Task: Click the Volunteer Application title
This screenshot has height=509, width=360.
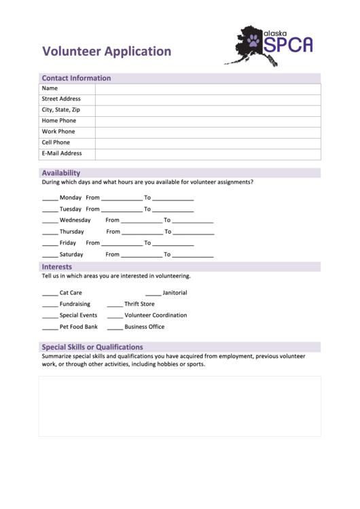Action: point(107,51)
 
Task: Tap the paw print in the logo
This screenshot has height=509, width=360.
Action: point(253,41)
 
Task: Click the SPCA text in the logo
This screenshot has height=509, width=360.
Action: point(288,46)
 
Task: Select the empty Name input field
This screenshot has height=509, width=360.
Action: point(207,88)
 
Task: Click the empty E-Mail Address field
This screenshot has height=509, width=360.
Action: point(207,154)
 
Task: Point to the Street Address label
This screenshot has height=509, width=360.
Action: point(61,99)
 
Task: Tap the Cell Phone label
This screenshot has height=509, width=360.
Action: point(56,143)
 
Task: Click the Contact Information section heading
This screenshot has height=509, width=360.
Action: point(76,78)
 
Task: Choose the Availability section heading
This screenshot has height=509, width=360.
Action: point(61,173)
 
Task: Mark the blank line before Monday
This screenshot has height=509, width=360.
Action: point(50,198)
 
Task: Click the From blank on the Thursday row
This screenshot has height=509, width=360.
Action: point(142,232)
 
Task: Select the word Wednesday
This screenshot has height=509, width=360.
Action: point(75,220)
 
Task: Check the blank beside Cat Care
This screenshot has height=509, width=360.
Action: point(50,294)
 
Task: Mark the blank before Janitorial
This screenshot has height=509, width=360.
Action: point(153,294)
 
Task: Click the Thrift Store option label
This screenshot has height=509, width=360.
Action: point(139,304)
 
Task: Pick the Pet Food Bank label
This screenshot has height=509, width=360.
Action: point(79,327)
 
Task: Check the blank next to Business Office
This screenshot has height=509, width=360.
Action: point(115,328)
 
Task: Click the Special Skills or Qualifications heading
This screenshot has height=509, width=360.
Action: point(92,347)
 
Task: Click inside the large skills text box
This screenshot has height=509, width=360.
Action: point(179,406)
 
